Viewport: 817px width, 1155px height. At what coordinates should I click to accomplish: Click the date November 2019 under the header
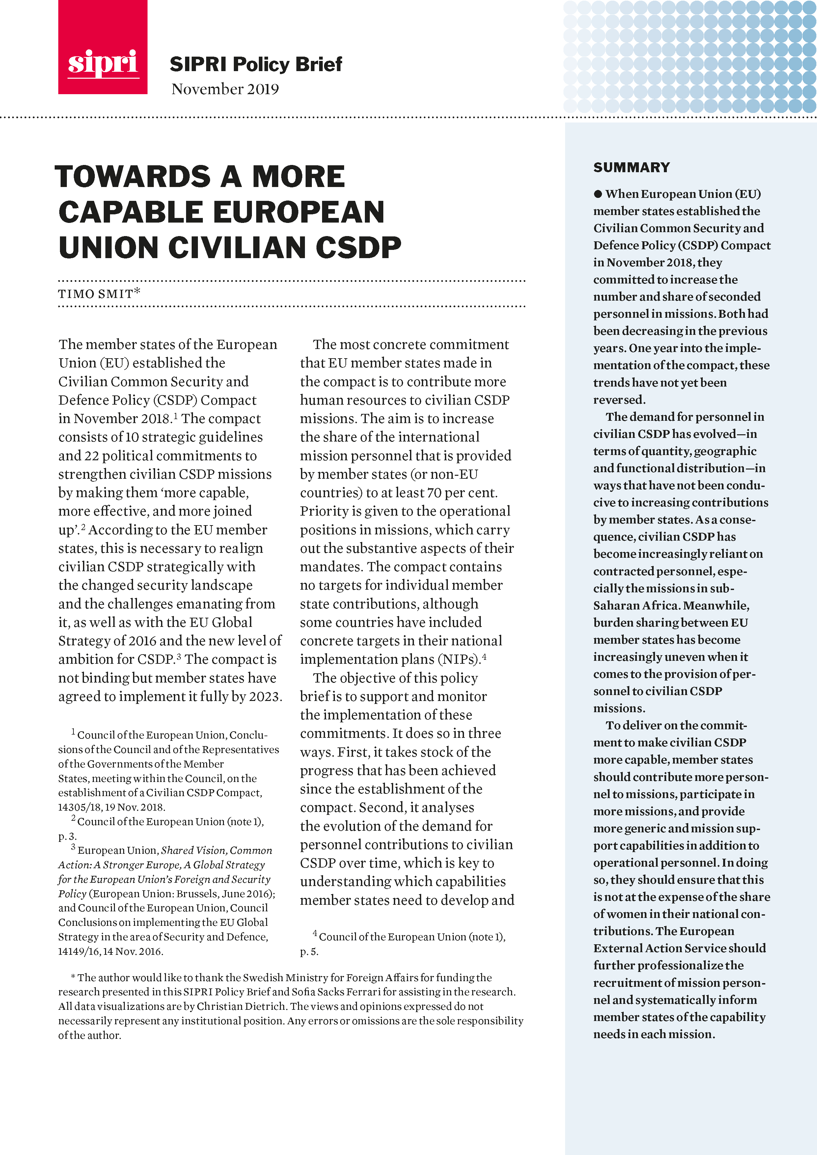click(225, 89)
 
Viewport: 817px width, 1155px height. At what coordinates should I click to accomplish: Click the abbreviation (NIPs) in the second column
click(458, 659)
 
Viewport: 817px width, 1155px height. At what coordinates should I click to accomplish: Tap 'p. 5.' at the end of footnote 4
click(310, 951)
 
